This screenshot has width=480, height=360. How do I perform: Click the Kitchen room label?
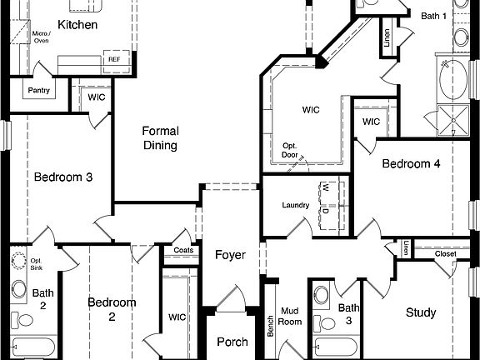pos(77,25)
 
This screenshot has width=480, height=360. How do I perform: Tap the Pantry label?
pos(38,90)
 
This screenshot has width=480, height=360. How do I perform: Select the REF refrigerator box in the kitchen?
pos(113,60)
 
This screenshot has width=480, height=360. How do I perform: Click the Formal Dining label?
pos(160,138)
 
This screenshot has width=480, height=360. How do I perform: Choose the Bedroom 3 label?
pos(62,177)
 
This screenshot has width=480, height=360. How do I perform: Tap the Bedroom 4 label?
pos(411,163)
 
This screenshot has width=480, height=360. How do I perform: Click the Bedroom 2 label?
pos(112,309)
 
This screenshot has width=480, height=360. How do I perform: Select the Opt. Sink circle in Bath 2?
pos(18,261)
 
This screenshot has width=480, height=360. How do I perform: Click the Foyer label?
pos(230,254)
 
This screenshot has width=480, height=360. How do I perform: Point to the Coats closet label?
pos(184,250)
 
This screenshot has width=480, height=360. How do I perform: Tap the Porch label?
pos(232,342)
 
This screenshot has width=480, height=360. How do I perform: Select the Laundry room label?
pos(296,205)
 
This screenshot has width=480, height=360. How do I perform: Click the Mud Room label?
pos(289,315)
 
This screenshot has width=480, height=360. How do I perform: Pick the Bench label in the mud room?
pos(270,326)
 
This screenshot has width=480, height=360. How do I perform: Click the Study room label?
pos(421,312)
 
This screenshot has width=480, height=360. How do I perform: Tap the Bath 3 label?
pos(349,314)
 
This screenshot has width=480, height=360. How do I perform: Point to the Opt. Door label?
pos(289,150)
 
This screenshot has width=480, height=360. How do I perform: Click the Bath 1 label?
pos(433,16)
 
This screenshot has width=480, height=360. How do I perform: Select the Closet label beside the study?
pos(446,253)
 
